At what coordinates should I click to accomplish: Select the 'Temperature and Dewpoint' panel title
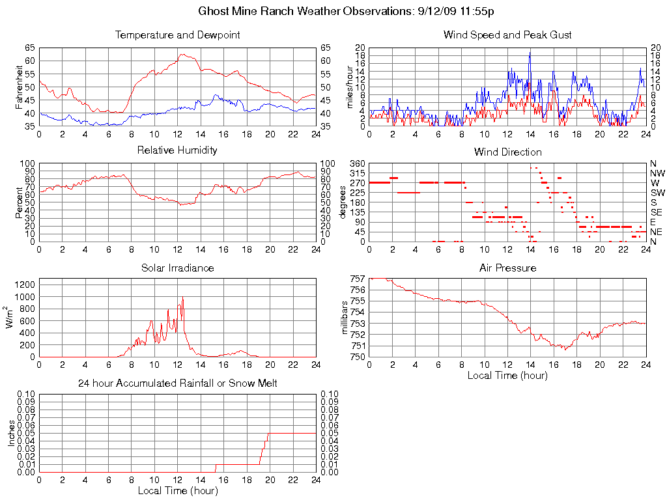[177, 35]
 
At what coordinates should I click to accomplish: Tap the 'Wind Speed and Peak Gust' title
[507, 35]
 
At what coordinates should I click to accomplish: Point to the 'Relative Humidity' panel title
[177, 150]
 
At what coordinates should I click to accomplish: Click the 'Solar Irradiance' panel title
[177, 268]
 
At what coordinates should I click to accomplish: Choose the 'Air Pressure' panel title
[507, 268]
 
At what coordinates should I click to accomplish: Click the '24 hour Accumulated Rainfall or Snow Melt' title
[177, 383]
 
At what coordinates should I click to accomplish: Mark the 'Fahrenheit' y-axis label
[19, 87]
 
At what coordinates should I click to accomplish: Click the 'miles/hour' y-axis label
[350, 87]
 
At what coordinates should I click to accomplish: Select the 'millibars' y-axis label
[346, 318]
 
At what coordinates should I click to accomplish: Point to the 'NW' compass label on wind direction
[657, 173]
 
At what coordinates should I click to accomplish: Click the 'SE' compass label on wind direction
[657, 212]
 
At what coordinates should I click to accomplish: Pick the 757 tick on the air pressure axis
[357, 279]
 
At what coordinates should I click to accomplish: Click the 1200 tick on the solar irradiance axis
[25, 285]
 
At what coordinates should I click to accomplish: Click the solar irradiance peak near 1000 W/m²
[182, 298]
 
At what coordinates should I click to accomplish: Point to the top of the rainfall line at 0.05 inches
[268, 434]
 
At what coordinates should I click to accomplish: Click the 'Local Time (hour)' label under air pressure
[507, 376]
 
